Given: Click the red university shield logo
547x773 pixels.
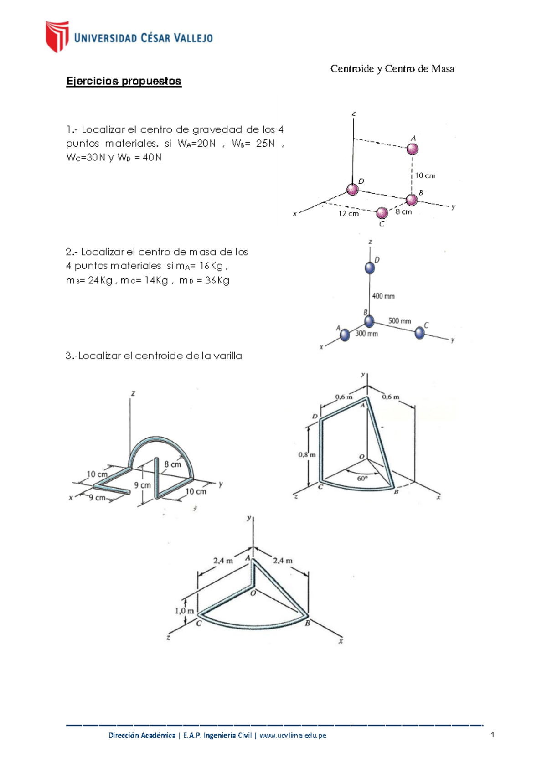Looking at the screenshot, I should pos(57,36).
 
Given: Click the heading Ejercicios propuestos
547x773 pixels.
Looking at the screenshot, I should pos(124,81).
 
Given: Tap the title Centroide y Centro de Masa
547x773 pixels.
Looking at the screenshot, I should pos(392,69).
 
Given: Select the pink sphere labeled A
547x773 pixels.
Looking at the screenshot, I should pos(412,149).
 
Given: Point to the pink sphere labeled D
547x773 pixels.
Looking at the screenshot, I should pos(352,189).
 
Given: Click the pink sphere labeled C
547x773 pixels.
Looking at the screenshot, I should pos(382,213).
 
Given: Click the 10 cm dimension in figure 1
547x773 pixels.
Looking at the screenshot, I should pos(425,175).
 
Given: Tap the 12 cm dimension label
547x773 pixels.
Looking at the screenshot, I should pos(348,213).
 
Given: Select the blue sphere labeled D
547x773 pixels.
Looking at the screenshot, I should pos(370,268).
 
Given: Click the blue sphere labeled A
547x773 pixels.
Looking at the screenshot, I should pos(345,335).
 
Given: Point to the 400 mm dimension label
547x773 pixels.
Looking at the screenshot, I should pos(383,296).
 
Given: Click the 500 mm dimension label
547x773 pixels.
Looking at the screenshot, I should pos(400,321).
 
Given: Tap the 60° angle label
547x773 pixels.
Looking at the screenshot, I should pos(362,479).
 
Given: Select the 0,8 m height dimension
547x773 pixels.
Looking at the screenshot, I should pos(306,454).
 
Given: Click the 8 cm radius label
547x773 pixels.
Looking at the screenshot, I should pos(173,464).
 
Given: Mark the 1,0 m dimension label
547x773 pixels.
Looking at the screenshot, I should pos(184,611).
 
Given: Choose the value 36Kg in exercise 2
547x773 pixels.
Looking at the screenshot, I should pos(217,281).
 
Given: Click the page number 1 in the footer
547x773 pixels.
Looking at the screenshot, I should pos(493,735).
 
